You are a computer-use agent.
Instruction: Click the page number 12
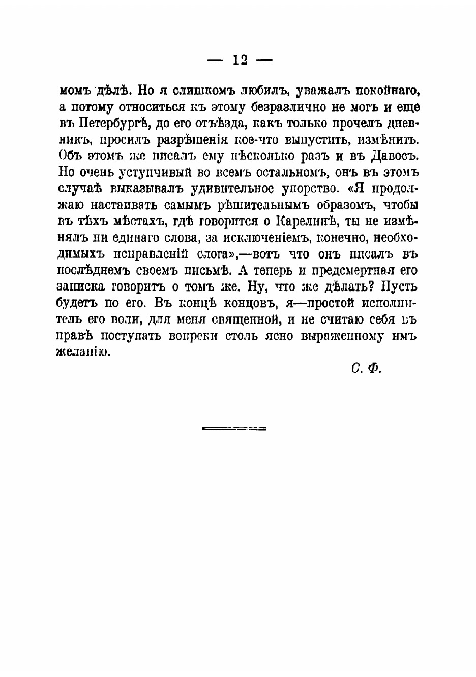click(240, 60)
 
